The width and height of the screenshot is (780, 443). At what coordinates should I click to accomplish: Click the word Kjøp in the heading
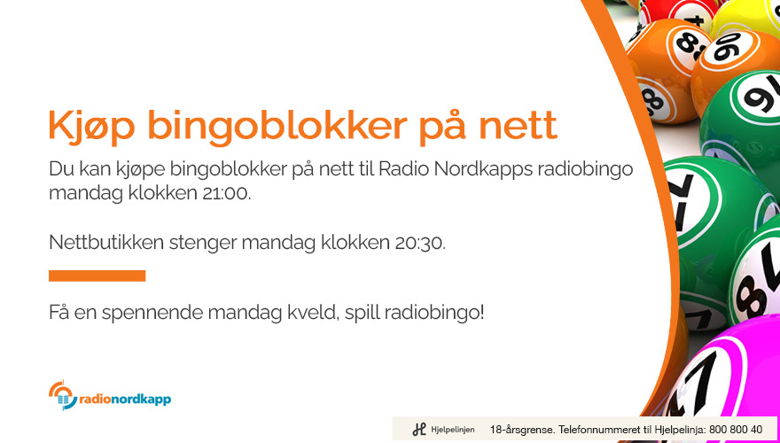[x=92, y=125]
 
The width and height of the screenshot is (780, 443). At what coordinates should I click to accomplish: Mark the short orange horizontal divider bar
[x=97, y=276]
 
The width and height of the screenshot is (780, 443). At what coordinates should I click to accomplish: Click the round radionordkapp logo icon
[x=63, y=395]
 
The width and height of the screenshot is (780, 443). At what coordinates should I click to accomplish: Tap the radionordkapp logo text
[x=125, y=400]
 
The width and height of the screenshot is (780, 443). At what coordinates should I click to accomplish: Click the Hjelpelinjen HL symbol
[x=419, y=430]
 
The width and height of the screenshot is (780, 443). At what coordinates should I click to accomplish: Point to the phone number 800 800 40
[x=736, y=430]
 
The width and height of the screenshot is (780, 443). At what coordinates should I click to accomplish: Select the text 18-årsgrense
[x=522, y=430]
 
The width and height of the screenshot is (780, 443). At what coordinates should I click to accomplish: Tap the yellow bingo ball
[x=746, y=18]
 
